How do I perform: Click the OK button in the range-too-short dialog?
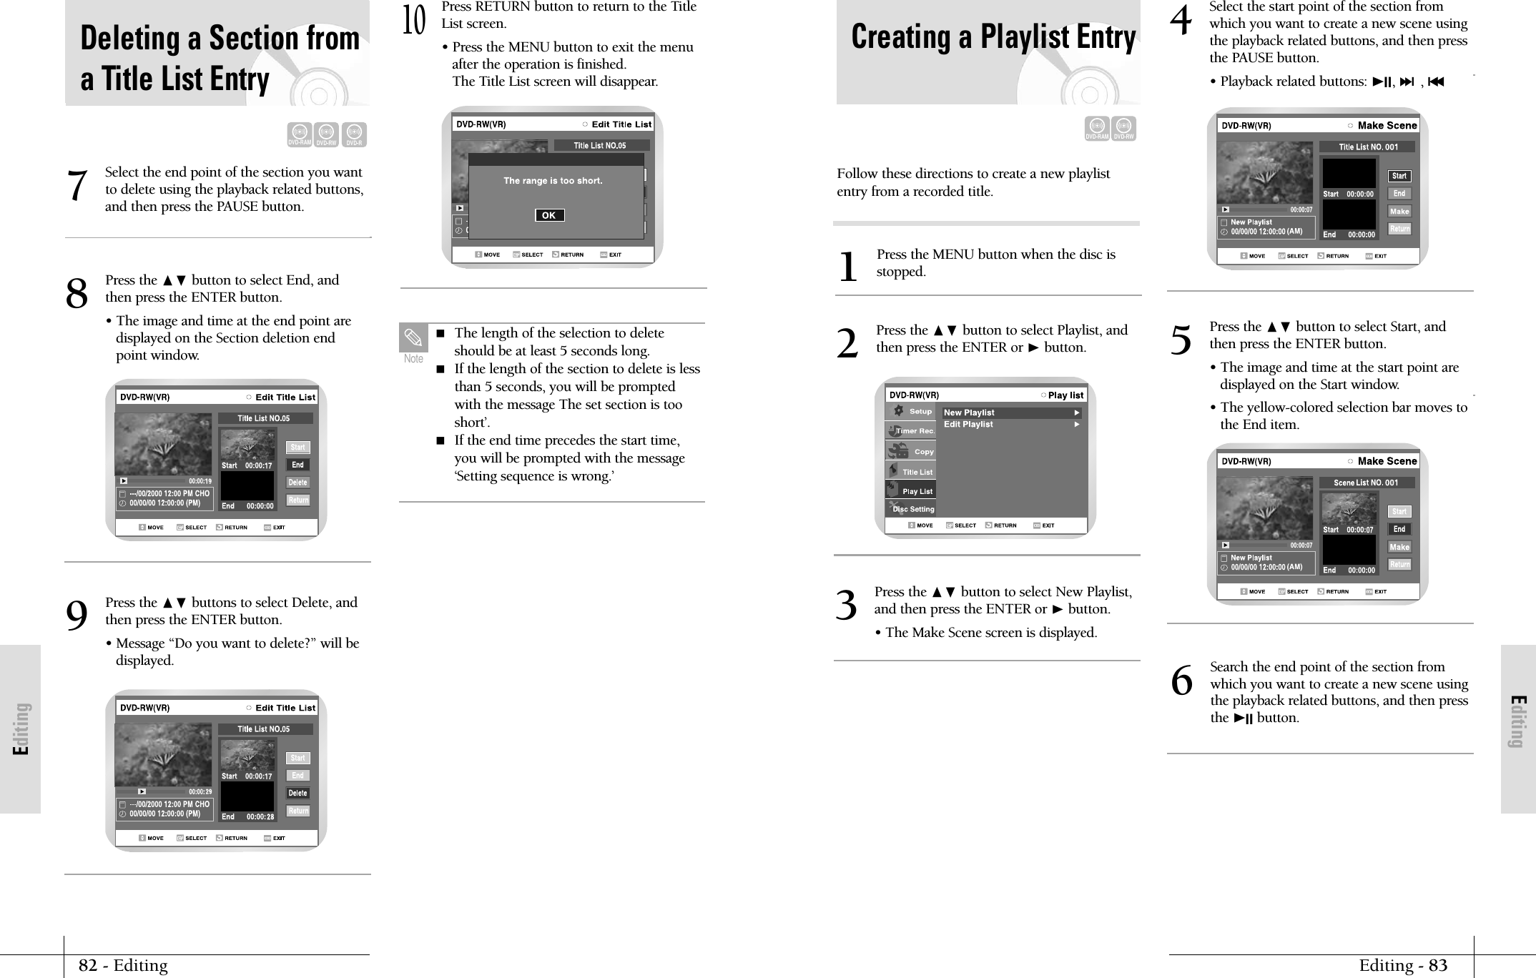549,215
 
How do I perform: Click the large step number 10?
414,21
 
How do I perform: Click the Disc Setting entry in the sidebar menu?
912,509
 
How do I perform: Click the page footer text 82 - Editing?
123,966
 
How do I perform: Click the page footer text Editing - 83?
1403,966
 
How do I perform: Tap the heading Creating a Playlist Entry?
993,37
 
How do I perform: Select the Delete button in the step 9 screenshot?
297,793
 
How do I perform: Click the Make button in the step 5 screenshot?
1399,547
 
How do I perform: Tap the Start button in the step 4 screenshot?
1399,176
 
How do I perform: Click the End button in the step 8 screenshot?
297,465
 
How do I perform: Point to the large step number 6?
1181,681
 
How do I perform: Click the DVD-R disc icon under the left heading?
354,134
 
